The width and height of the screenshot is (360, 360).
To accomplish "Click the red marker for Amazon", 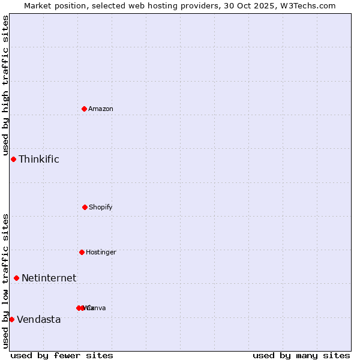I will click(84, 109).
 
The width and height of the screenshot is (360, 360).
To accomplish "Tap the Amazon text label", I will click(101, 109).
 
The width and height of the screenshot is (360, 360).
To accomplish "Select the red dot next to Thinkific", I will click(13, 159).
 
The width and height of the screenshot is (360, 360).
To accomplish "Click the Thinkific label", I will click(39, 159).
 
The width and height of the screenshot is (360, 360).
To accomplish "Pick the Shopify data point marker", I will click(85, 207).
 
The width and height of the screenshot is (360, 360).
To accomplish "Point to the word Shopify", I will click(101, 207).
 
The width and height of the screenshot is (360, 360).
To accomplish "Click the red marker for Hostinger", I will click(82, 252).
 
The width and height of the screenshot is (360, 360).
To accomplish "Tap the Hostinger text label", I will click(101, 252).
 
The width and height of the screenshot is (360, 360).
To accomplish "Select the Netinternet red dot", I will click(16, 278).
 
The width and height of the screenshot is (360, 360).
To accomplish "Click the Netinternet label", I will click(49, 278).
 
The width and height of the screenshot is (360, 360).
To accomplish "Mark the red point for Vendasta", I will click(11, 319).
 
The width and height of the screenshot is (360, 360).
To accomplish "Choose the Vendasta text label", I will click(39, 319).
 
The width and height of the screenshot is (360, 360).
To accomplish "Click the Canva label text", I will click(98, 308).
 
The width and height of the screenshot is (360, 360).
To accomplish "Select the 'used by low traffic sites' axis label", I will click(5, 281).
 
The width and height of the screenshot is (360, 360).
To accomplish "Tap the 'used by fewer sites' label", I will click(62, 355).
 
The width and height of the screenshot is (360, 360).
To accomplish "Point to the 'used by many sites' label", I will click(301, 355).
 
